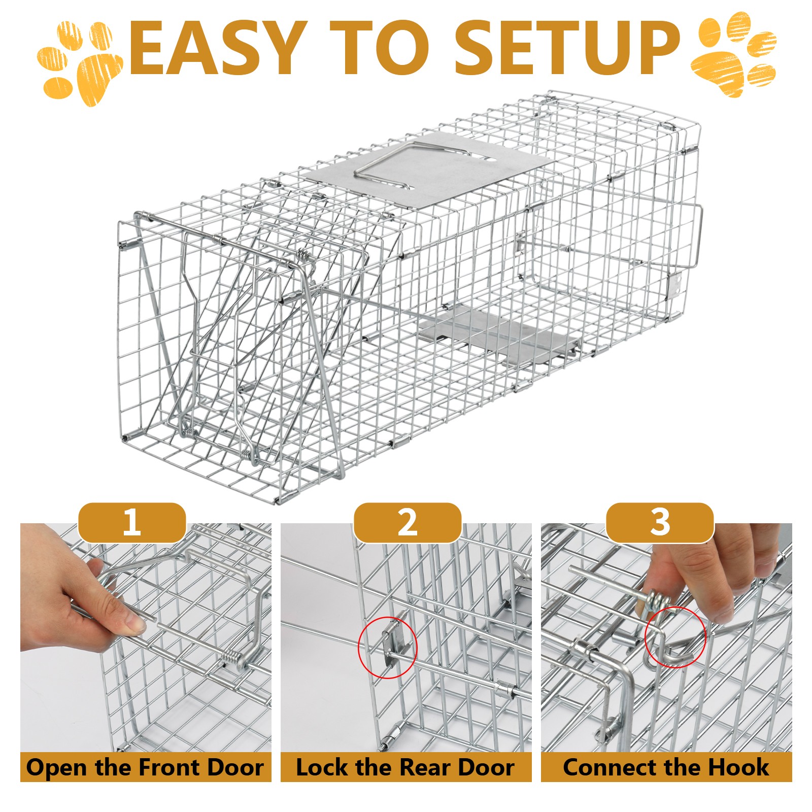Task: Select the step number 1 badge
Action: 132,523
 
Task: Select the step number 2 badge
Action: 407,523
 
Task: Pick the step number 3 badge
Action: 660,523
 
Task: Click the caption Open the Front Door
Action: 145,767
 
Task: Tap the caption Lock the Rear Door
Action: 405,767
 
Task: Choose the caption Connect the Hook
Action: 666,767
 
